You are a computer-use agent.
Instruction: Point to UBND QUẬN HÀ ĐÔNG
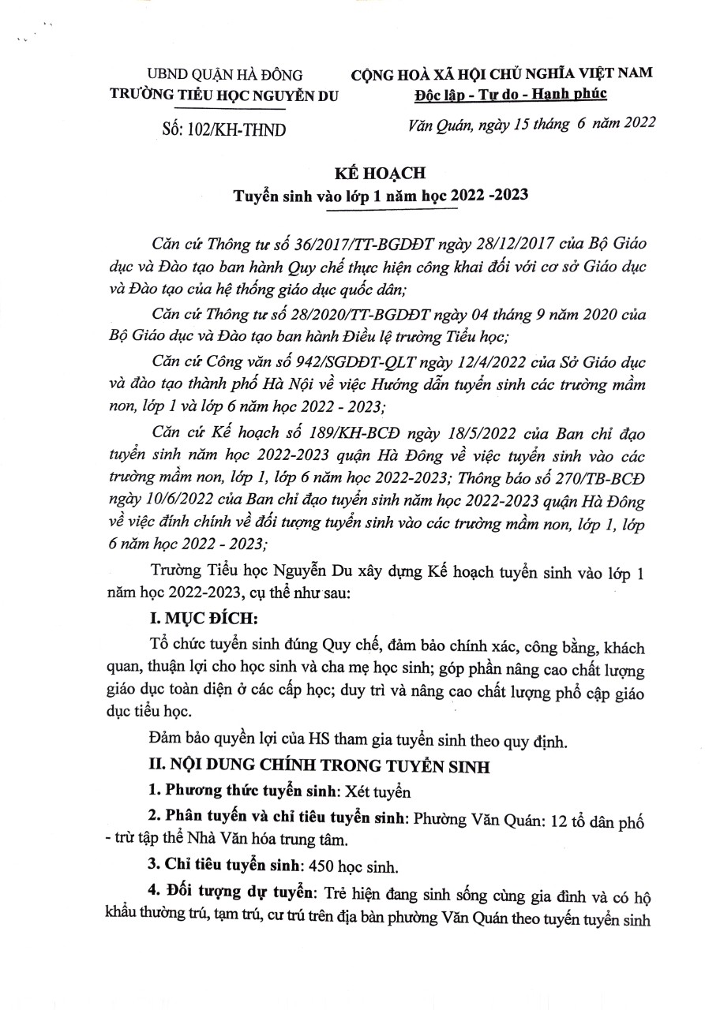pos(223,76)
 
